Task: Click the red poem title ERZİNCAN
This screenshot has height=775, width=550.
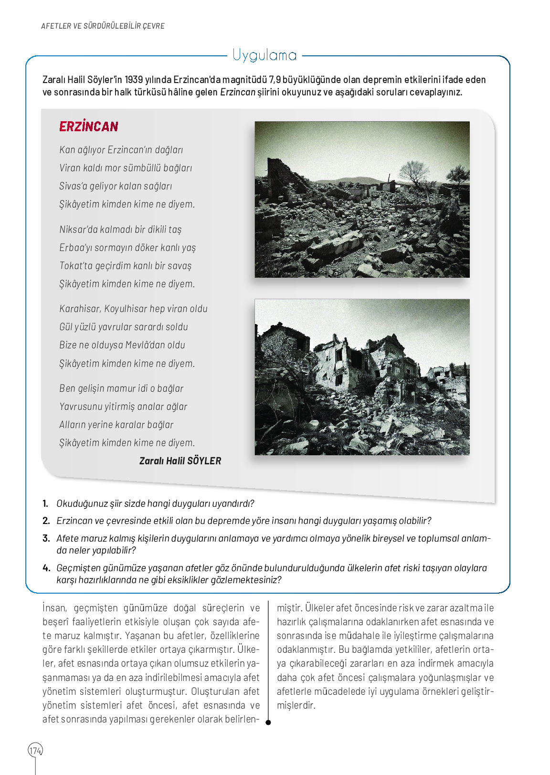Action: (89, 126)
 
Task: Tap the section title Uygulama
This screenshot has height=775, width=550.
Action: (264, 56)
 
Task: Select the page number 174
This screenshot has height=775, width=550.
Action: (35, 751)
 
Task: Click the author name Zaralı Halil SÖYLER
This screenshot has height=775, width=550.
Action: (180, 461)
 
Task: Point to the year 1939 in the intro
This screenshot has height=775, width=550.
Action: (134, 80)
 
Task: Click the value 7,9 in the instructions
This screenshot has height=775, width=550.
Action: (275, 80)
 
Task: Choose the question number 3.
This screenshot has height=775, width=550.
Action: (46, 538)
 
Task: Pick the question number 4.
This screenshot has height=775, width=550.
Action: (46, 568)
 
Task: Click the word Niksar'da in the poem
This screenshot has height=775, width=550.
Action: (77, 230)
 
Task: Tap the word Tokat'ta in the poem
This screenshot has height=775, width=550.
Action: (76, 266)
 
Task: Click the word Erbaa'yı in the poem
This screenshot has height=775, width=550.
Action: (76, 248)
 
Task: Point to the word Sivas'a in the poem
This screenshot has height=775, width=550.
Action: (73, 186)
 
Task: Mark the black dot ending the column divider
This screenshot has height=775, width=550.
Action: (268, 723)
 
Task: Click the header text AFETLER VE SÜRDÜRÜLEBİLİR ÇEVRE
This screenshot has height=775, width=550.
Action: (103, 26)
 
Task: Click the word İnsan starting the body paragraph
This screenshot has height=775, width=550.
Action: (54, 608)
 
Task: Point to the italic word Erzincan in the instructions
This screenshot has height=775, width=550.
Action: (237, 92)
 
